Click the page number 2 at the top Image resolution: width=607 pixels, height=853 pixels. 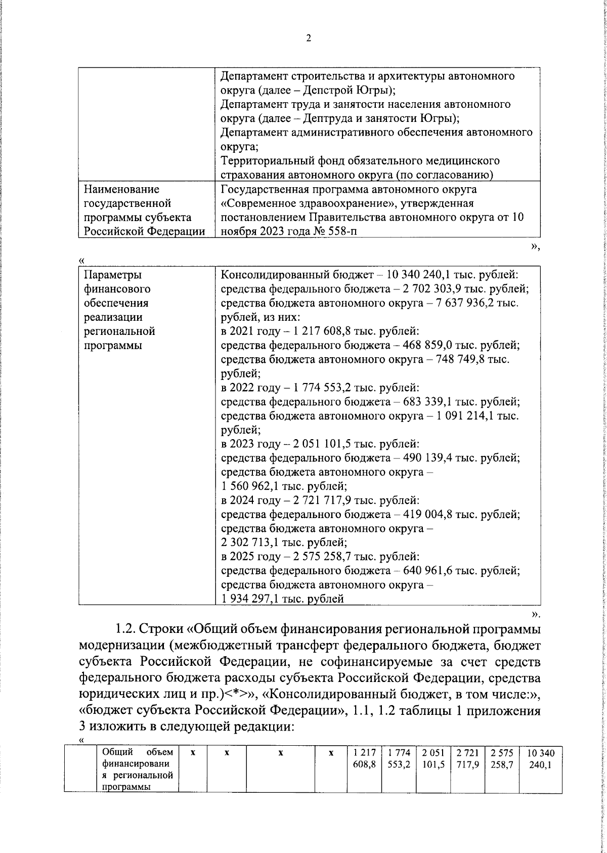(x=308, y=38)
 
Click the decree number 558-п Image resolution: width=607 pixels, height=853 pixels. (x=346, y=232)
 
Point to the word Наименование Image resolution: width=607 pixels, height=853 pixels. (x=122, y=190)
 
